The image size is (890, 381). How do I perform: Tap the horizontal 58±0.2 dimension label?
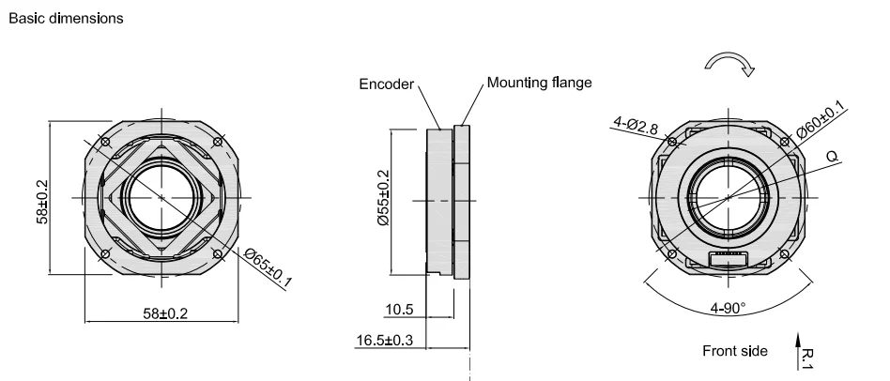point(165,313)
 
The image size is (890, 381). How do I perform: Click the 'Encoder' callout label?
point(387,84)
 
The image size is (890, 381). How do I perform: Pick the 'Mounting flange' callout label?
point(540,83)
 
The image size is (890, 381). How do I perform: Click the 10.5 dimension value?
point(398,309)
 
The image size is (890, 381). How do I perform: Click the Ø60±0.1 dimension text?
point(821,121)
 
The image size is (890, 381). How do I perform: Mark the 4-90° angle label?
point(728,307)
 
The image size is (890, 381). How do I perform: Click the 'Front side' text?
point(735,351)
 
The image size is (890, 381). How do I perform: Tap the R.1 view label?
point(813,354)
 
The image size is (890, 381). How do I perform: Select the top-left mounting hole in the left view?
point(105,143)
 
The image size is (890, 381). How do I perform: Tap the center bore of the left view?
point(161,197)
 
